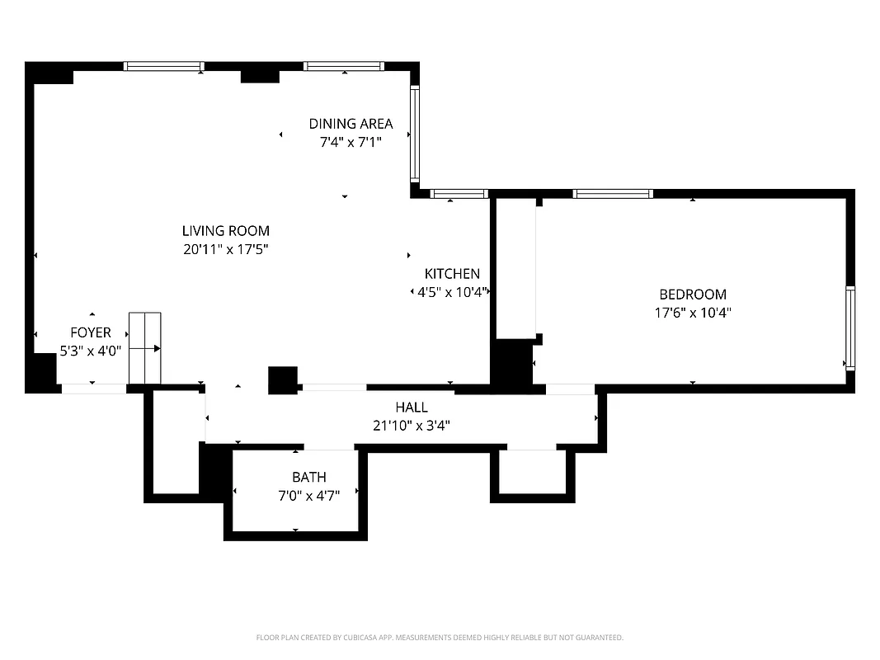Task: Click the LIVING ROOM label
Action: [x=225, y=231]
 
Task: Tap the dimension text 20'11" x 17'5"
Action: [x=225, y=248]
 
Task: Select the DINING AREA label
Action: [x=351, y=124]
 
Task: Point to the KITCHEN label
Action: [x=452, y=274]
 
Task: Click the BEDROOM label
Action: [x=692, y=295]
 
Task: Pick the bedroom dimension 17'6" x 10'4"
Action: [x=692, y=313]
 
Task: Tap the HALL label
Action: [x=411, y=408]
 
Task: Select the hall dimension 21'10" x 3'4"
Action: [x=411, y=426]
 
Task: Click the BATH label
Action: [x=308, y=477]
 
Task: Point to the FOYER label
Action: [x=90, y=332]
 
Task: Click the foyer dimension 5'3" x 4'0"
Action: [x=90, y=350]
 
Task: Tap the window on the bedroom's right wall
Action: [x=849, y=328]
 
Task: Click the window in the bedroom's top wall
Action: [x=613, y=194]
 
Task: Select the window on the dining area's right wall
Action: [x=415, y=134]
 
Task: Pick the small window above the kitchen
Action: [x=459, y=195]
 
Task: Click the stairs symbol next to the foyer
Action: [x=144, y=348]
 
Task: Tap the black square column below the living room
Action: [x=282, y=379]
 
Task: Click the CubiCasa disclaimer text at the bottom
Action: [x=440, y=638]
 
